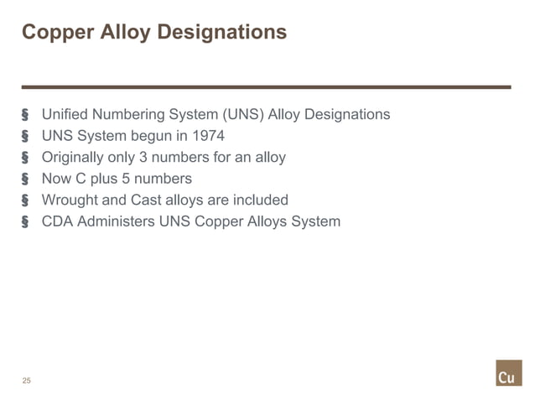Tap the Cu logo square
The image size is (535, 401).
click(x=508, y=373)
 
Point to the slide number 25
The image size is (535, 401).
click(x=27, y=381)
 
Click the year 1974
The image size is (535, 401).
click(x=209, y=136)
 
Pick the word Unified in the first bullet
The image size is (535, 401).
click(x=65, y=114)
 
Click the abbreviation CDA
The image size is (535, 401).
click(x=57, y=222)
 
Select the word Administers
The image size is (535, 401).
click(x=115, y=222)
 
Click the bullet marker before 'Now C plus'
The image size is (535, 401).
click(x=25, y=179)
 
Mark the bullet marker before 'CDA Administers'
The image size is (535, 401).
click(x=25, y=222)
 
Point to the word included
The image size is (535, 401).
click(x=260, y=200)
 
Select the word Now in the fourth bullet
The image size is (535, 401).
click(x=55, y=179)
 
